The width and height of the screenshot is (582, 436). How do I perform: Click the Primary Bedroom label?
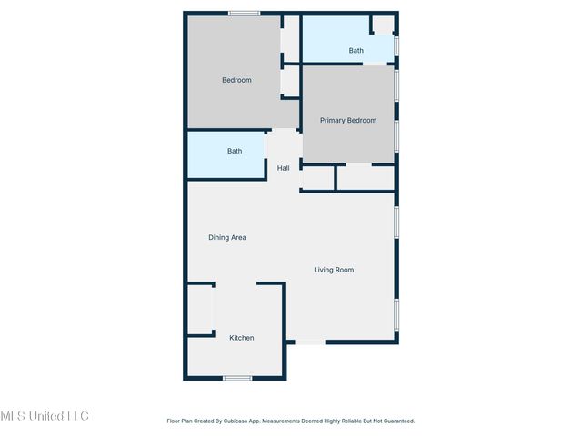[347, 120]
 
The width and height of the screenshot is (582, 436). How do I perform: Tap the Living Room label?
[334, 270]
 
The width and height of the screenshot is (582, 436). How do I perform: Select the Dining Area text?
[227, 238]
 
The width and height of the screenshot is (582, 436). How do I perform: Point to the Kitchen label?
[241, 338]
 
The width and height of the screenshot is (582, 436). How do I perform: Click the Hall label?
[284, 168]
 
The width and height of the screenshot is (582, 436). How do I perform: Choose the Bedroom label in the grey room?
[236, 80]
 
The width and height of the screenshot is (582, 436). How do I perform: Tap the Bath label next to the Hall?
[235, 151]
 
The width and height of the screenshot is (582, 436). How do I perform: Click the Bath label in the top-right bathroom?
[356, 51]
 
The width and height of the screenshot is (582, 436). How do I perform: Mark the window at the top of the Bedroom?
[244, 13]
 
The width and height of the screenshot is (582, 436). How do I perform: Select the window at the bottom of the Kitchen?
[237, 378]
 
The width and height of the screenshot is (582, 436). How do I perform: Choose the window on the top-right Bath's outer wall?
[396, 45]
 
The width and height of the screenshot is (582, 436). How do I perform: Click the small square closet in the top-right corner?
[383, 25]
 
